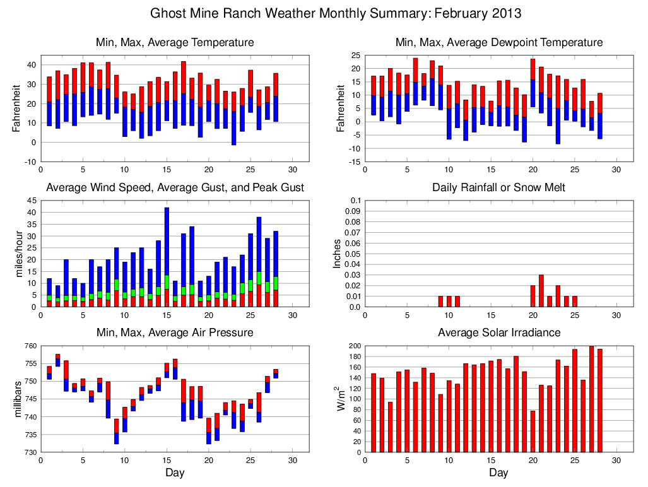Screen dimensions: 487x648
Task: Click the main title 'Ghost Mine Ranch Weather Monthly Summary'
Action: pyautogui.click(x=336, y=13)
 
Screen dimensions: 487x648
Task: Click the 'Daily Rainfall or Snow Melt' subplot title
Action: pyautogui.click(x=498, y=187)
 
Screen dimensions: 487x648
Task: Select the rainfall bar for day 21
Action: pyautogui.click(x=541, y=291)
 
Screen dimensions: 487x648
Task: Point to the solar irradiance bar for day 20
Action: pyautogui.click(x=533, y=431)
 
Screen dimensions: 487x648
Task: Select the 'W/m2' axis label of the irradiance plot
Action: pyautogui.click(x=340, y=399)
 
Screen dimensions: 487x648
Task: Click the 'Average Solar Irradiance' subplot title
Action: pyautogui.click(x=498, y=332)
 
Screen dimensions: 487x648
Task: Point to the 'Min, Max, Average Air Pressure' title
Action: pyautogui.click(x=175, y=332)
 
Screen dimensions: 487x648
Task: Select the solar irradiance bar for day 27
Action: pyautogui.click(x=591, y=399)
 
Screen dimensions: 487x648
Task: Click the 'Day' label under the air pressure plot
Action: pyautogui.click(x=175, y=473)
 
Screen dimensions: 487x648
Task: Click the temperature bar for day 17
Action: pyautogui.click(x=183, y=93)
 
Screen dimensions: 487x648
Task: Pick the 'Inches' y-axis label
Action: pyautogui.click(x=337, y=254)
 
